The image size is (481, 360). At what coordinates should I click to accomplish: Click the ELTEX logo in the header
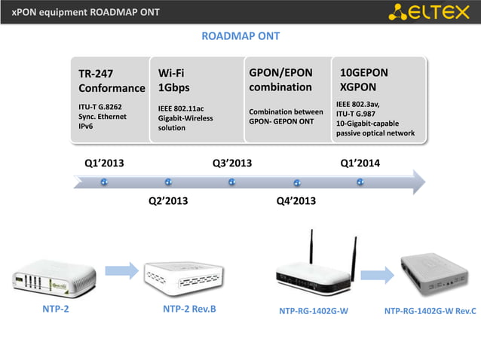click(433, 12)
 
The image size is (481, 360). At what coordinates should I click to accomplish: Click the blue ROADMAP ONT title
click(240, 36)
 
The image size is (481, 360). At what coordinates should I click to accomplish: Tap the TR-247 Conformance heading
click(112, 81)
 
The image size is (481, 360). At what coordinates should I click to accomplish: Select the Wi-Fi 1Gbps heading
click(174, 80)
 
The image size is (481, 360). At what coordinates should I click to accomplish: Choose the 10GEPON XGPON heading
click(364, 80)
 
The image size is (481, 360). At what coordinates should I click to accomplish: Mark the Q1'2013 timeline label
click(104, 163)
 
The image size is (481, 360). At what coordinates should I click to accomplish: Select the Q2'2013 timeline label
click(167, 200)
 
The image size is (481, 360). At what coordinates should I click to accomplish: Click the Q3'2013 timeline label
click(232, 163)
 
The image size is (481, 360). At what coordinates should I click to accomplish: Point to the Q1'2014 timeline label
click(360, 163)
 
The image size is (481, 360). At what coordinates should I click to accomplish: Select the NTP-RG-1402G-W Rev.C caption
click(430, 310)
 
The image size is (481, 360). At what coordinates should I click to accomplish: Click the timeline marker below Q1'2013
click(104, 182)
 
